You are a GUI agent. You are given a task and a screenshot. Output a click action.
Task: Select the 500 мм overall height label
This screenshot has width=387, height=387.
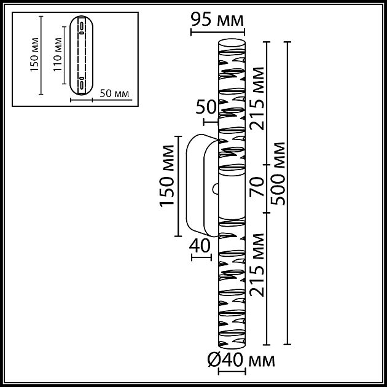[279, 174]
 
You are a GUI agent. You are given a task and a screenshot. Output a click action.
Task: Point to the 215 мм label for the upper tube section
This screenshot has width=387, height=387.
[259, 102]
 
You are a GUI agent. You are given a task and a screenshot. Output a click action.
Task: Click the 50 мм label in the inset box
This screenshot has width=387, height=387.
[114, 93]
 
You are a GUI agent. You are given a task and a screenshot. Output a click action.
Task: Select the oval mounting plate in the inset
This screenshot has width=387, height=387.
[81, 56]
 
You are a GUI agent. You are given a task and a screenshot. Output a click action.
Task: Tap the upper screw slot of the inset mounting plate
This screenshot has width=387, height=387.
[81, 26]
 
